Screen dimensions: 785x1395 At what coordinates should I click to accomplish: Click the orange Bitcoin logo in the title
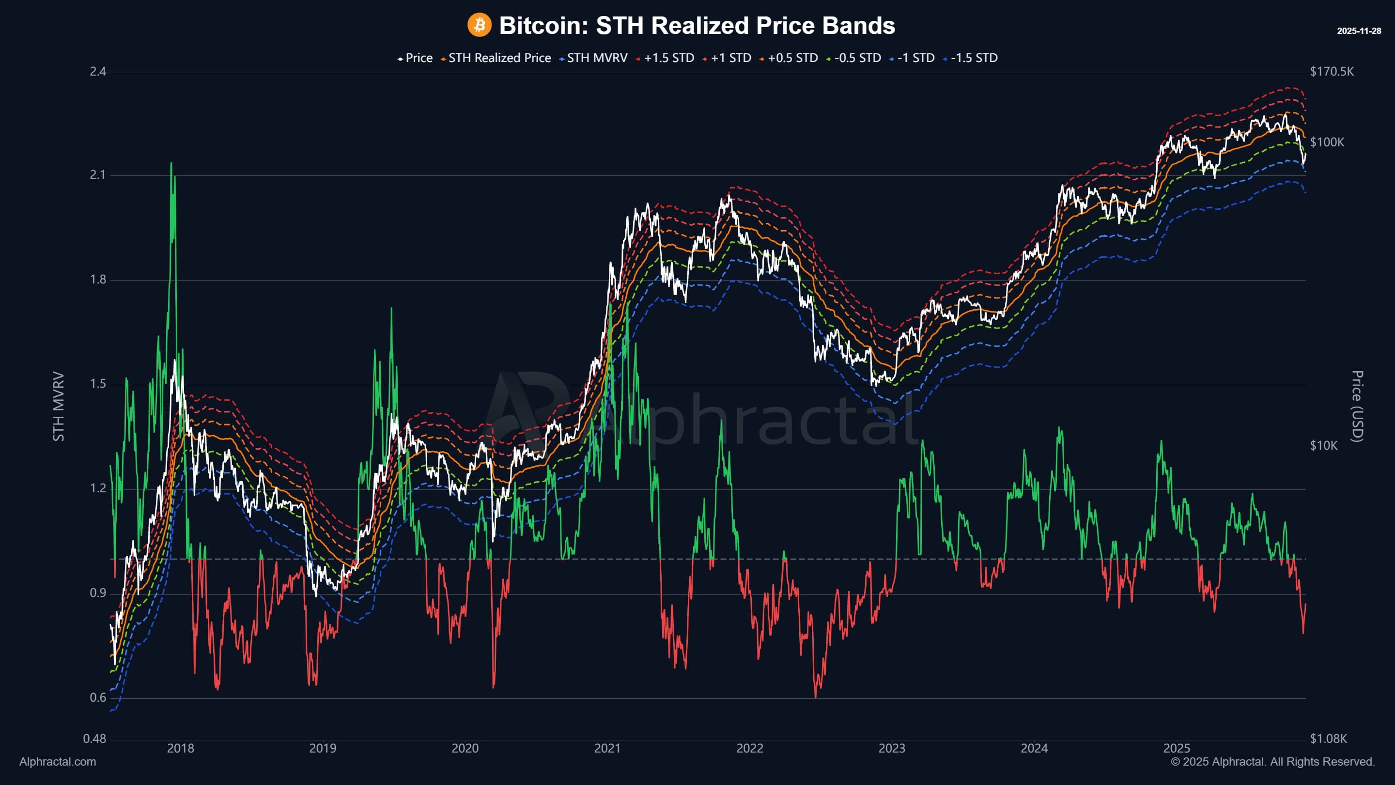coord(479,25)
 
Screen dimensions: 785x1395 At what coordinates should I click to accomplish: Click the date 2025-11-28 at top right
coord(1359,31)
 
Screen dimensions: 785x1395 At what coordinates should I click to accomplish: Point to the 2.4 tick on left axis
coord(98,72)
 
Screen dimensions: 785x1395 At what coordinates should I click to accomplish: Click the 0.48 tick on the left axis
coord(94,738)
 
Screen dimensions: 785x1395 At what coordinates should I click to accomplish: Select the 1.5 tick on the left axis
coord(98,384)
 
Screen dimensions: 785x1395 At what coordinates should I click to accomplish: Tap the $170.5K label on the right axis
coord(1332,72)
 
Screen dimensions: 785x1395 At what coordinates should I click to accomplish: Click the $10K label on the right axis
coord(1323,445)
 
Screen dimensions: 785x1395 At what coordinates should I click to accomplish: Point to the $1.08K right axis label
coord(1328,738)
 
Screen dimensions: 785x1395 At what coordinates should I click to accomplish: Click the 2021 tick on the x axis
coord(607,748)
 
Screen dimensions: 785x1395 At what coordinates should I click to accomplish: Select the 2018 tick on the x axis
coord(180,748)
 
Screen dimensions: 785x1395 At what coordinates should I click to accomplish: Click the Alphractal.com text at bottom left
coord(58,762)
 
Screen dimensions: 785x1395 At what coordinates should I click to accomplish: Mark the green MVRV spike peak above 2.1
coord(171,163)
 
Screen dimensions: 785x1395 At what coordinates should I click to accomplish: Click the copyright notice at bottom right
coord(1272,762)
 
